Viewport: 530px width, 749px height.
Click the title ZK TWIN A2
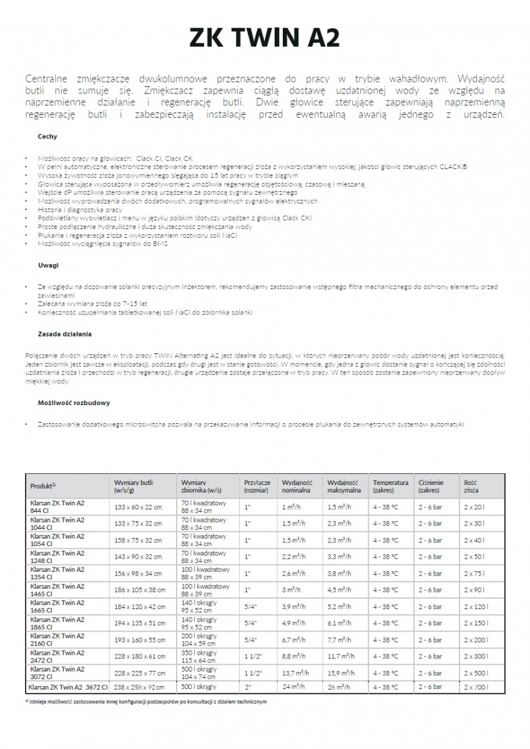(x=265, y=39)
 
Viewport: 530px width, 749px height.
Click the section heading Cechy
(x=47, y=135)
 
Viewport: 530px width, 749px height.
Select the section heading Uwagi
(x=48, y=265)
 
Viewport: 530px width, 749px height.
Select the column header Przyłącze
(x=257, y=486)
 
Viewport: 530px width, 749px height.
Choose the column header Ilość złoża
(x=471, y=486)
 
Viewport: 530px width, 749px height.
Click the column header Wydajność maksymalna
(x=343, y=486)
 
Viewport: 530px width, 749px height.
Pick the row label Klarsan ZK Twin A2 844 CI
(x=57, y=506)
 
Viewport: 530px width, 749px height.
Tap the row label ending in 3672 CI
(x=69, y=687)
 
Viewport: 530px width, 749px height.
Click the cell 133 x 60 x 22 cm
(x=138, y=507)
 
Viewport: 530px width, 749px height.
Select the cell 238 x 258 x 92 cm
(x=139, y=687)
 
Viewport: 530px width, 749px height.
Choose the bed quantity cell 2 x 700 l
(x=476, y=687)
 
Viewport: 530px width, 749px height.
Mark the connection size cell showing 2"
(x=248, y=687)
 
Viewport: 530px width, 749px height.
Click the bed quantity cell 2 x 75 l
(x=475, y=573)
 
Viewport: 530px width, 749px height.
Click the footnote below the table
(x=147, y=701)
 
